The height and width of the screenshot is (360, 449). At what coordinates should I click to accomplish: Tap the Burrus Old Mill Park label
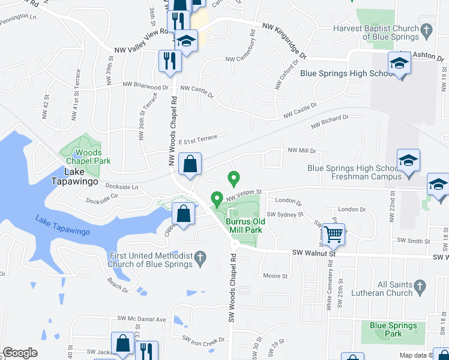244,225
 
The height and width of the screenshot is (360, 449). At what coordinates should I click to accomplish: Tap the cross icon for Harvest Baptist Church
426,29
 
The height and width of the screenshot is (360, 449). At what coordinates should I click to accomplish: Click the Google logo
20,353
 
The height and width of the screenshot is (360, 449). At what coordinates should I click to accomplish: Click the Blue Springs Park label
393,329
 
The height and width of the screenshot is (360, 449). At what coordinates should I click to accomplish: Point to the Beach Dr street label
117,289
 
